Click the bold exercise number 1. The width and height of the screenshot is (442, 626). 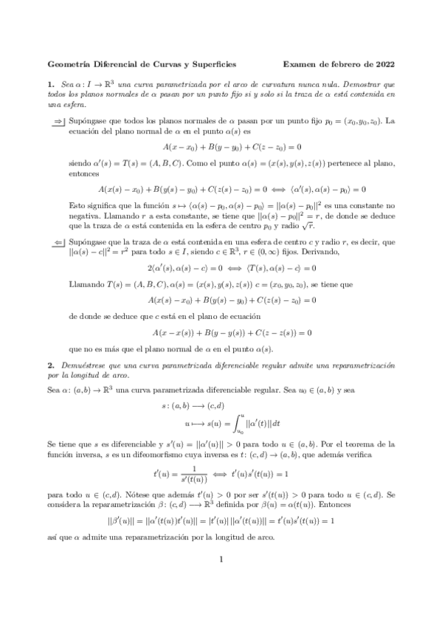49,85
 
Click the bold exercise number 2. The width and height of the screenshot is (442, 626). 49,366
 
